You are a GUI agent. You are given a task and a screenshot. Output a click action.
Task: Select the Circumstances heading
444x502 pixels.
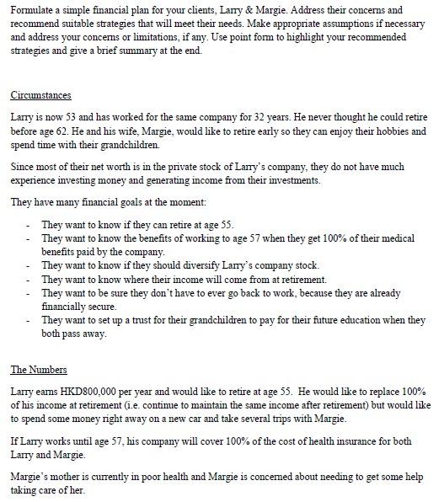[41, 94]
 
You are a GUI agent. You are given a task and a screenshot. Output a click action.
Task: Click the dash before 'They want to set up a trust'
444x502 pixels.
[28, 321]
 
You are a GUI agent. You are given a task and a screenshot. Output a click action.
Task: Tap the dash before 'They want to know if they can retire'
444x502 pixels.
[28, 225]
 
